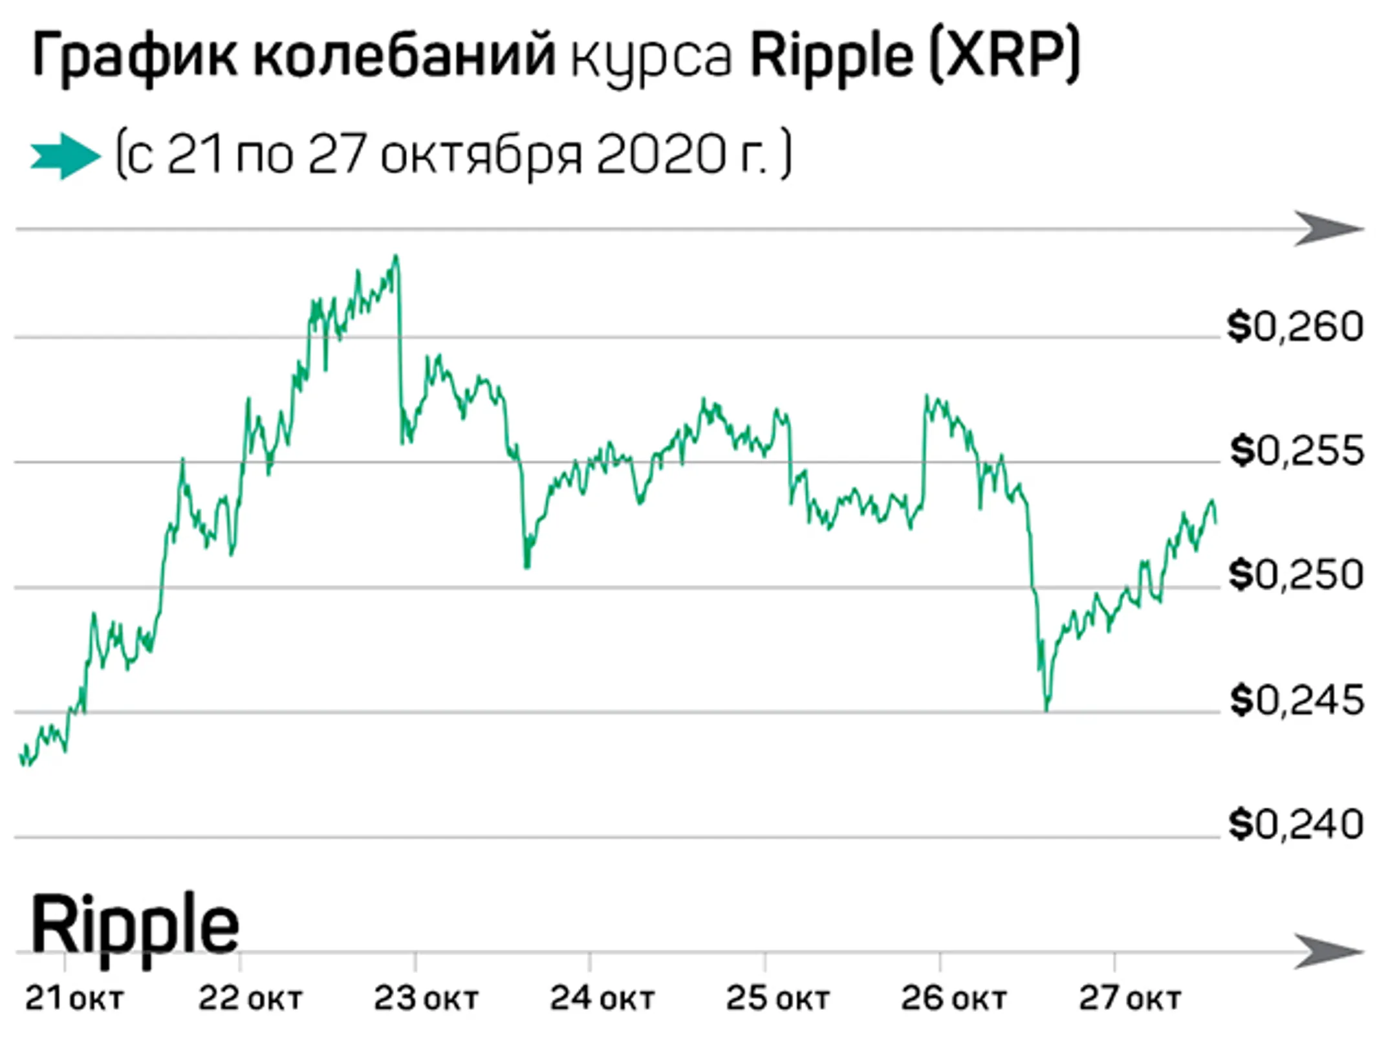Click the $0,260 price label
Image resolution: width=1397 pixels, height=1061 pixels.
coord(1295,327)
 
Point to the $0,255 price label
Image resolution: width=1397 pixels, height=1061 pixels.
coord(1297,451)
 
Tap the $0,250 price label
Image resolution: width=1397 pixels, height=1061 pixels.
coord(1295,574)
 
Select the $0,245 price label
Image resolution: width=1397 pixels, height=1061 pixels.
coord(1297,700)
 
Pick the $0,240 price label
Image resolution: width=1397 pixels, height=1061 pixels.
coord(1295,825)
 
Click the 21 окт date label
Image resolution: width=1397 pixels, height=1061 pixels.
coord(74,1000)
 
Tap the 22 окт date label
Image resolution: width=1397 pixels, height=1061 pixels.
coord(250,1000)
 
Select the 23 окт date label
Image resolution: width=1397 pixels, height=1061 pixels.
coord(426,1000)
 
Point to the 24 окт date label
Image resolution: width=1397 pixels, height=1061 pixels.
coord(601,1000)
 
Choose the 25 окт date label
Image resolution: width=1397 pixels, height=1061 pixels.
coord(777,1000)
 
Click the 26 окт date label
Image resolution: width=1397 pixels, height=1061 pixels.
coord(953,1000)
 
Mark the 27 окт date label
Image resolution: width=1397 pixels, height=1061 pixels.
coord(1129,1000)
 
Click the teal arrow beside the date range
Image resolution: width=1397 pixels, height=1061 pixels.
coord(65,156)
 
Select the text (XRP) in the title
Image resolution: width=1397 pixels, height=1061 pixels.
coord(1004,57)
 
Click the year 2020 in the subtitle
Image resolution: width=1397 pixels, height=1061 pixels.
coord(659,156)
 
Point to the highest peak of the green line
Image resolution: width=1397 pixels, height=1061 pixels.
coord(396,257)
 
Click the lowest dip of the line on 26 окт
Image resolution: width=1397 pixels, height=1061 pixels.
coord(1046,708)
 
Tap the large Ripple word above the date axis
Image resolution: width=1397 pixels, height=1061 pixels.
coord(135,926)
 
